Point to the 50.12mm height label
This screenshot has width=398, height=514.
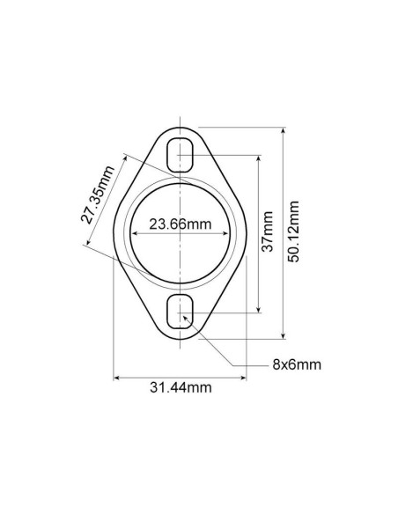click(x=295, y=231)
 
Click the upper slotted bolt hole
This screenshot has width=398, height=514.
click(x=181, y=154)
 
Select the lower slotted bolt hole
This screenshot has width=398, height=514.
click(x=181, y=311)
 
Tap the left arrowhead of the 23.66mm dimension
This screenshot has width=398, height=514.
click(x=134, y=233)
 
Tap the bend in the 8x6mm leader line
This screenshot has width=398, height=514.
click(x=231, y=365)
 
